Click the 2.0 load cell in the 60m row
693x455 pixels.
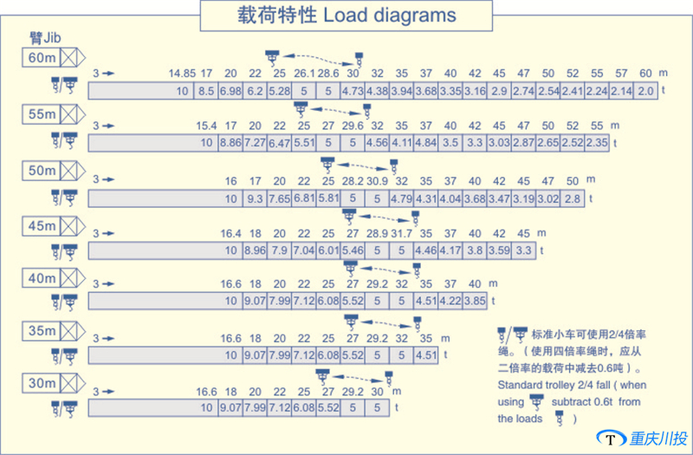coord(645,91)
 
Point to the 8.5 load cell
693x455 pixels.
coord(206,91)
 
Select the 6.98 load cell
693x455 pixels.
coord(230,91)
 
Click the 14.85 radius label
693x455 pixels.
coord(182,72)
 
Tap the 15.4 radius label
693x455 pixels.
coord(206,126)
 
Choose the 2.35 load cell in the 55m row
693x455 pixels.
coord(597,143)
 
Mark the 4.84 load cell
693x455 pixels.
coord(425,143)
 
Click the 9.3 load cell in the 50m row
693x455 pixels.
coord(255,198)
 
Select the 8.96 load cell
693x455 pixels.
coord(255,251)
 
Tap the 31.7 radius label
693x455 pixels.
coord(401,234)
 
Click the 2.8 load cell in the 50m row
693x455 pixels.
coord(572,198)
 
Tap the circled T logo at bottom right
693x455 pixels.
coord(612,439)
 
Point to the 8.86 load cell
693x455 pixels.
coord(230,143)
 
